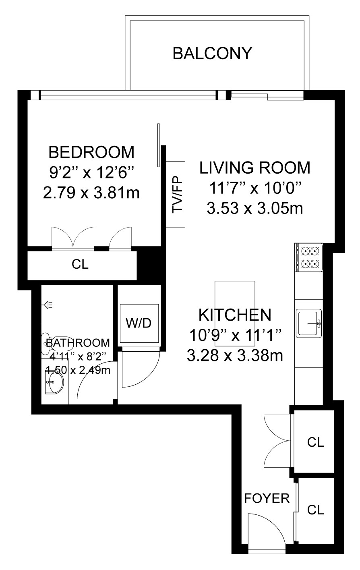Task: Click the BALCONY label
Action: pos(212,54)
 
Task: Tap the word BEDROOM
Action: pos(91,152)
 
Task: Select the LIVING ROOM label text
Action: pos(254,168)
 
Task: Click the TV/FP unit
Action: pos(175,194)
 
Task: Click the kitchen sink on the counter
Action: pos(309,323)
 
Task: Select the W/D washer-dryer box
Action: pos(139,323)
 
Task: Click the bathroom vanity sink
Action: pos(54,382)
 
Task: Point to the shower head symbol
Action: pos(48,305)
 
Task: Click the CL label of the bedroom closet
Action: pos(80,264)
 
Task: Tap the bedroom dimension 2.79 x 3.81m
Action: pos(91,193)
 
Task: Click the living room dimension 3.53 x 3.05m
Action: pos(255,208)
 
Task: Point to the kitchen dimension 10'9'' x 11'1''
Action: pos(235,336)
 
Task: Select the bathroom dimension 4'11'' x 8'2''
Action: pos(78,357)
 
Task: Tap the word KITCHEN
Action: pos(235,315)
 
